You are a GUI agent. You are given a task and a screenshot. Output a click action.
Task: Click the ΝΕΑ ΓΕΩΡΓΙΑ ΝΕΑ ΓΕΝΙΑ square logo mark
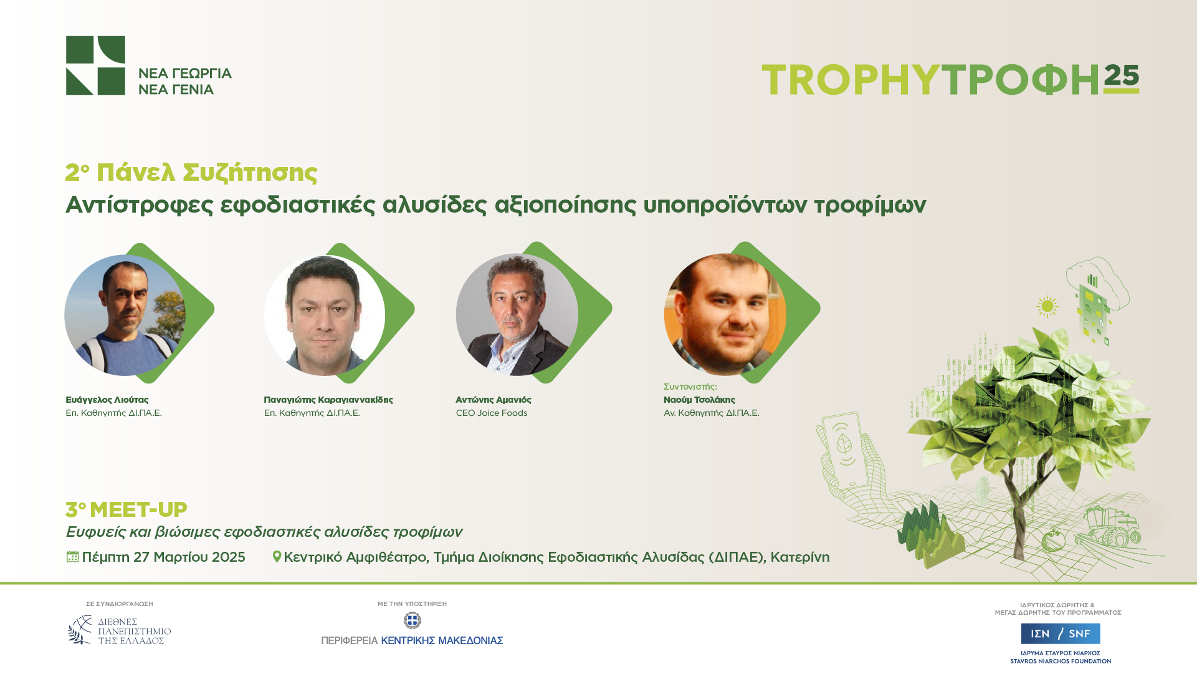pos(95,65)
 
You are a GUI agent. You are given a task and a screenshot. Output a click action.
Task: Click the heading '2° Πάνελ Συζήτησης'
pos(191,173)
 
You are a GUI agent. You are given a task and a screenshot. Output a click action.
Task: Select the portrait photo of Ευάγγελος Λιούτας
pos(125,315)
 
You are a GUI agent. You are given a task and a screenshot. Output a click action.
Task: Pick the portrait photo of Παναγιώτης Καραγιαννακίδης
pos(324,315)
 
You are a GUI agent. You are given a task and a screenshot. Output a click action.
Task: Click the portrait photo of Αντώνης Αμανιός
pos(517,314)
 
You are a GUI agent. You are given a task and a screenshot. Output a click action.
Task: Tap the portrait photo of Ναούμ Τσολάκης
pos(725,314)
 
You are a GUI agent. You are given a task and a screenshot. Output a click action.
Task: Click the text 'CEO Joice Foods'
pos(492,413)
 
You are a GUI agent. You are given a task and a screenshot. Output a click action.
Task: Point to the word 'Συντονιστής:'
pos(690,387)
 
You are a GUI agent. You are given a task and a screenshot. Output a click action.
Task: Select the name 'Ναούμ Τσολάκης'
pos(699,400)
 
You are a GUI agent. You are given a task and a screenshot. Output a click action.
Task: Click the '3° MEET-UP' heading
pos(126,509)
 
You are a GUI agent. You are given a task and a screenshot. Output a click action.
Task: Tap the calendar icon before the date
pos(72,556)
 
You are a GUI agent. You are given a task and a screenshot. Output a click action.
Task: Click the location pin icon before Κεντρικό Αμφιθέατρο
pos(277,556)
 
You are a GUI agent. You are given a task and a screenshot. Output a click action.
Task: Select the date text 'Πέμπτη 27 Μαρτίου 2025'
pos(164,557)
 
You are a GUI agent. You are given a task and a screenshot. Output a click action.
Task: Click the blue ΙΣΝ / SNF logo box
pos(1061,633)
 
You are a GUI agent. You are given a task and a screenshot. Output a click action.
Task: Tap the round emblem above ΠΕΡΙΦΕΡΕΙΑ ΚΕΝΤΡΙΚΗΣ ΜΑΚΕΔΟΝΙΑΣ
pos(412,620)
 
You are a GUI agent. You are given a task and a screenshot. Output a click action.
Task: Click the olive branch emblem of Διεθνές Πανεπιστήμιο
pos(80,630)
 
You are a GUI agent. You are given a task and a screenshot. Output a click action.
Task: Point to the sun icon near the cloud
pos(1047,306)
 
